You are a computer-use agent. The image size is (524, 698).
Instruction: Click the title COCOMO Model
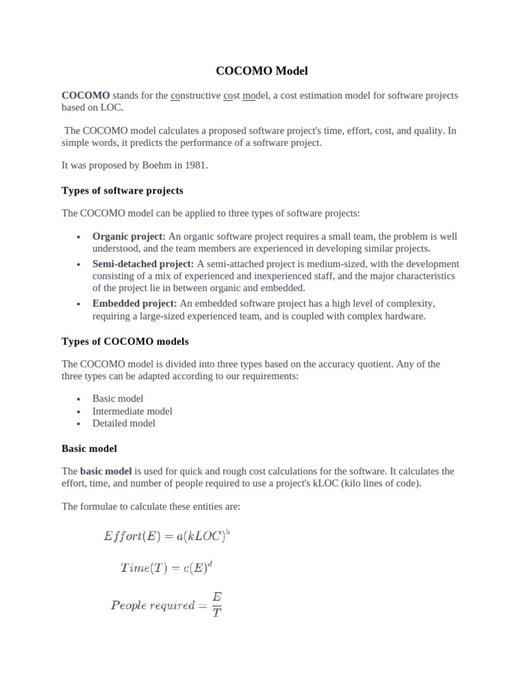click(x=262, y=71)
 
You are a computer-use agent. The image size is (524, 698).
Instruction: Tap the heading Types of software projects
click(x=122, y=190)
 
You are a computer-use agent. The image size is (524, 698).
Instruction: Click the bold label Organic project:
click(x=129, y=237)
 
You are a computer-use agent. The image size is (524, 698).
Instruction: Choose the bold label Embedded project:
click(x=134, y=303)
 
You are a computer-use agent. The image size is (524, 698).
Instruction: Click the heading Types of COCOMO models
click(x=125, y=341)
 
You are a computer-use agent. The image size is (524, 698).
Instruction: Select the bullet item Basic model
click(x=117, y=399)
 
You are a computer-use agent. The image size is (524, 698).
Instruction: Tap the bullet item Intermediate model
click(x=132, y=411)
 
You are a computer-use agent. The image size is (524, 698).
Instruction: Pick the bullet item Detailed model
click(x=123, y=423)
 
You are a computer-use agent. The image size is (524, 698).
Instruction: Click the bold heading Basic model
click(x=89, y=449)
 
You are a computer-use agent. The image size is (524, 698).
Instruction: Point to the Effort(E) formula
click(x=166, y=536)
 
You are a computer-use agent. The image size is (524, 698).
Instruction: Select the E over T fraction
click(x=217, y=604)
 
